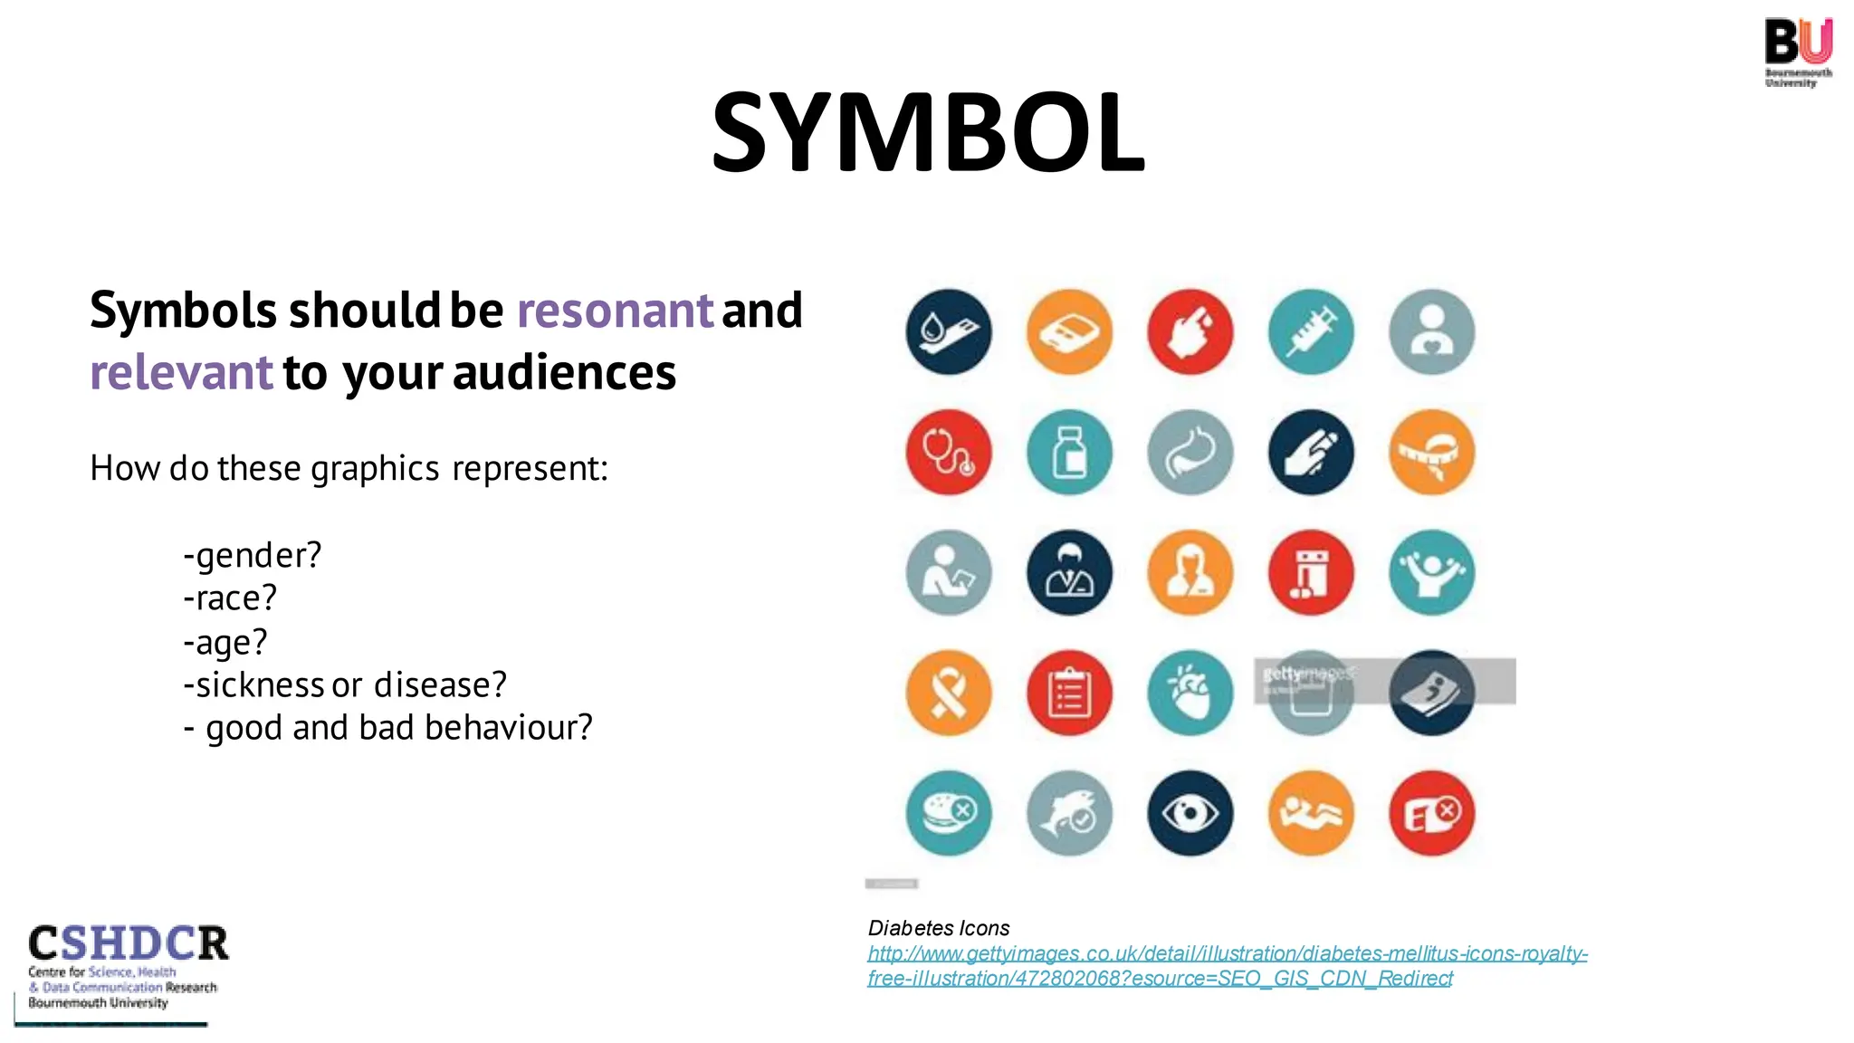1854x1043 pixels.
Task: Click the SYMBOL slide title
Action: click(x=928, y=133)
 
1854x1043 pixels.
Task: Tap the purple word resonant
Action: click(x=615, y=311)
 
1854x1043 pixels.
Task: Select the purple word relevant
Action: click(x=181, y=373)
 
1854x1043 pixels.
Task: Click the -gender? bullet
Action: click(x=253, y=555)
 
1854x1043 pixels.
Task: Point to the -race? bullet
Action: click(x=230, y=598)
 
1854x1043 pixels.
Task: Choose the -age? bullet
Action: click(x=225, y=642)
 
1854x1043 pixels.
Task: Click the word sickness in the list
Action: click(x=260, y=685)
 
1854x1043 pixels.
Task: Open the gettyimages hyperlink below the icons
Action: click(x=1227, y=965)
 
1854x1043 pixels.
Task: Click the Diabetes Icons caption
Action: click(x=939, y=928)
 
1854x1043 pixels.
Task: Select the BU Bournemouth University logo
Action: click(x=1798, y=53)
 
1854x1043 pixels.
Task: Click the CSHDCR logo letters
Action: click(x=129, y=943)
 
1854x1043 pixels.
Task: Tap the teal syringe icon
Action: click(x=1311, y=332)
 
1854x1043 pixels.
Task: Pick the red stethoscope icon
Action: click(x=949, y=453)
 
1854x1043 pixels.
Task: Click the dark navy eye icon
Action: click(x=1190, y=813)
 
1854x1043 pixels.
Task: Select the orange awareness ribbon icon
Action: click(x=949, y=694)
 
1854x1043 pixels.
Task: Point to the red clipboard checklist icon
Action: click(x=1069, y=694)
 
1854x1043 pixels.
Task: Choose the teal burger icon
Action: click(x=949, y=813)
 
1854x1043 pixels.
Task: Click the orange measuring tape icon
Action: click(x=1431, y=453)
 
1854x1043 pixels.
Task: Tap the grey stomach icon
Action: click(x=1190, y=453)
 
